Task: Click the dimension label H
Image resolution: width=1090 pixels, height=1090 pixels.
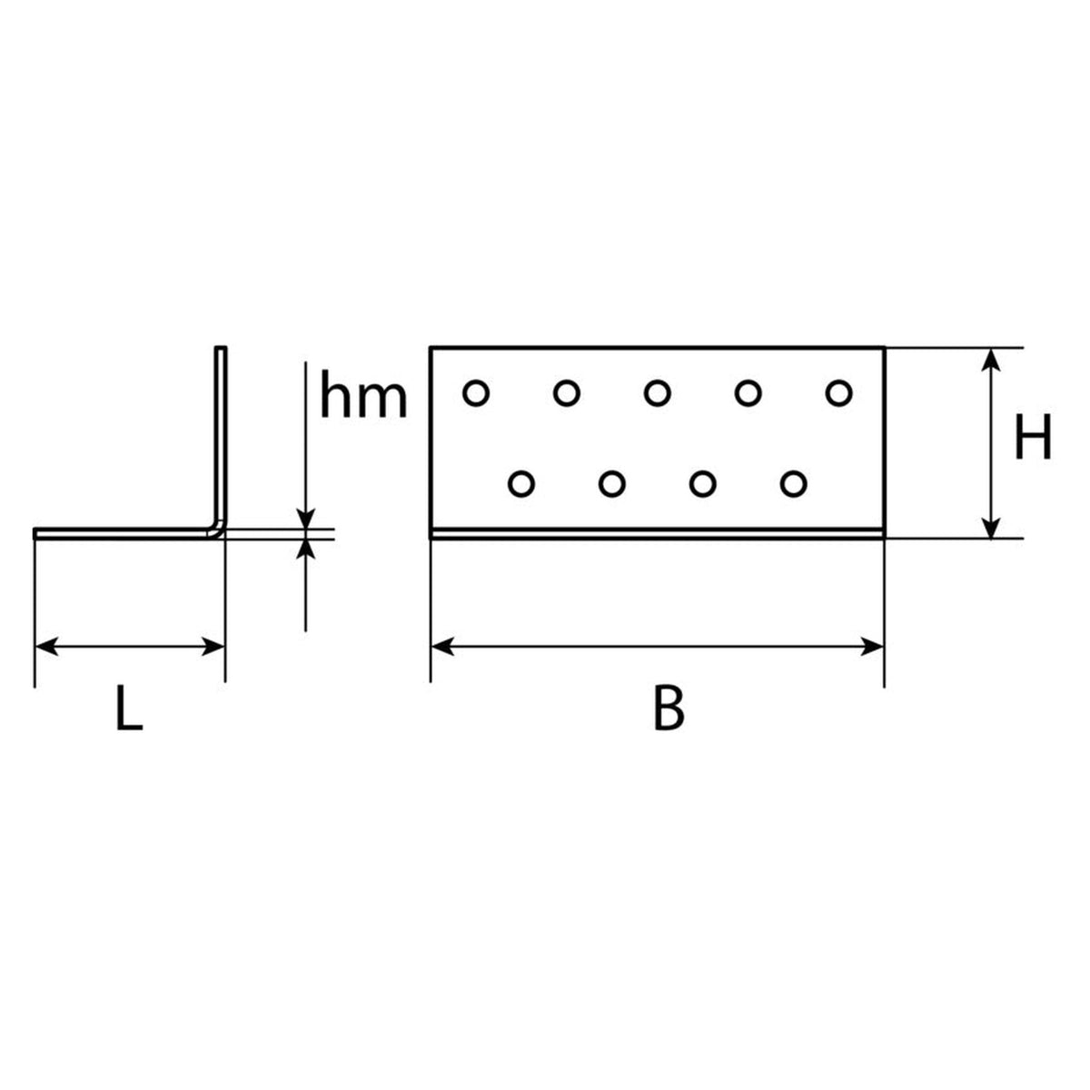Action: tap(1033, 436)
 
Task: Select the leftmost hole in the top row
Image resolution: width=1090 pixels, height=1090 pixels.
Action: tap(476, 392)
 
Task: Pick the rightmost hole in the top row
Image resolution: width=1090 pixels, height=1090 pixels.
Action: tap(839, 392)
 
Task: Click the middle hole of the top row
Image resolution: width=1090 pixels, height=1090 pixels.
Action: tap(658, 392)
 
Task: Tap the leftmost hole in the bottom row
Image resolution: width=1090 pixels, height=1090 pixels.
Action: tap(521, 483)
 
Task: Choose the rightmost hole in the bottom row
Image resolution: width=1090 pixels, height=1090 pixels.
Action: tap(794, 483)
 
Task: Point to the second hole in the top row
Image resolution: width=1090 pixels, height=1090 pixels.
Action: tap(567, 392)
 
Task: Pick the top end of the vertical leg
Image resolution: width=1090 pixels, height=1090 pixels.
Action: tap(221, 347)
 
